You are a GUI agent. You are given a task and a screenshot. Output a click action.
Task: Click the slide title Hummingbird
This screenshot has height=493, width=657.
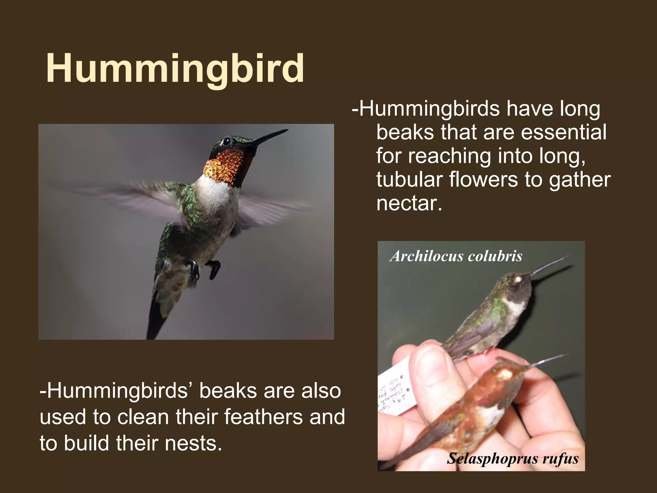pyautogui.click(x=175, y=68)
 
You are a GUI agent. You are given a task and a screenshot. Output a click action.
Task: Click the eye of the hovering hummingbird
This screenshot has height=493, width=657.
pyautogui.click(x=227, y=141)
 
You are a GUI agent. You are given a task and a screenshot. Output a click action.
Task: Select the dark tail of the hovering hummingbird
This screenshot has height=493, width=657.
pyautogui.click(x=157, y=318)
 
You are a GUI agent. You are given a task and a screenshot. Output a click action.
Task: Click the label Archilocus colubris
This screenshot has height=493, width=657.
pyautogui.click(x=456, y=256)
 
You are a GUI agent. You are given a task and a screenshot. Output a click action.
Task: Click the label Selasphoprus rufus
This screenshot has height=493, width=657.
pyautogui.click(x=513, y=458)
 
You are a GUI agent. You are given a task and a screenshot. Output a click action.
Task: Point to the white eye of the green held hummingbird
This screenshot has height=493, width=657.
pyautogui.click(x=517, y=280)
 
